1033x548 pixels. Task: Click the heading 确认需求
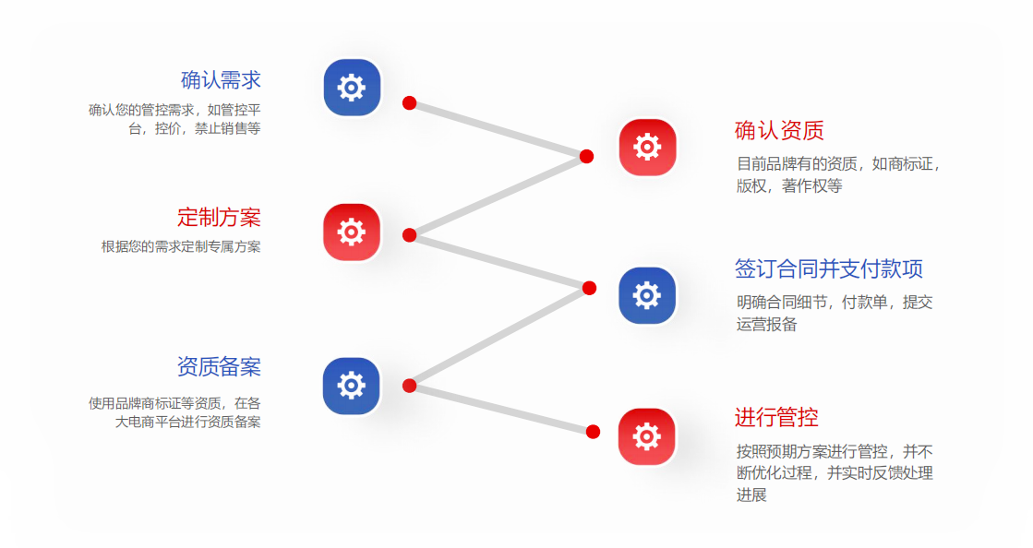221,80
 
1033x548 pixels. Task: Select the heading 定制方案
219,218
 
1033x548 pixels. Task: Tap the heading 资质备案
219,367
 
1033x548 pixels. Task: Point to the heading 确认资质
779,131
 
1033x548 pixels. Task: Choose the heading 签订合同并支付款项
828,269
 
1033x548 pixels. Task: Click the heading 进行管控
776,418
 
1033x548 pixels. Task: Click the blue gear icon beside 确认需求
352,88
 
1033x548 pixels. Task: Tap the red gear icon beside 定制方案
352,232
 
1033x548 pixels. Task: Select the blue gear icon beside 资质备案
352,386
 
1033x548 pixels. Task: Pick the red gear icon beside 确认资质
647,147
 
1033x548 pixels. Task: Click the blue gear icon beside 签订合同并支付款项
647,295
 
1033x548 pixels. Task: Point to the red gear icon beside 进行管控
647,436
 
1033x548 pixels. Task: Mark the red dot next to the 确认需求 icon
410,102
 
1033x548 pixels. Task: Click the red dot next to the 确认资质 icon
586,156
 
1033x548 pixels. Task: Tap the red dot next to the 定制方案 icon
410,235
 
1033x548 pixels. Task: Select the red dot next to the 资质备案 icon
410,386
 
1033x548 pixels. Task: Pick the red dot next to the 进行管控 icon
593,432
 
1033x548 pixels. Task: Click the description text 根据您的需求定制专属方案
181,247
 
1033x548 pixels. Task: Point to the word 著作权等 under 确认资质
811,185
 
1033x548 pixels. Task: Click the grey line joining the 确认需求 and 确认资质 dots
498,129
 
